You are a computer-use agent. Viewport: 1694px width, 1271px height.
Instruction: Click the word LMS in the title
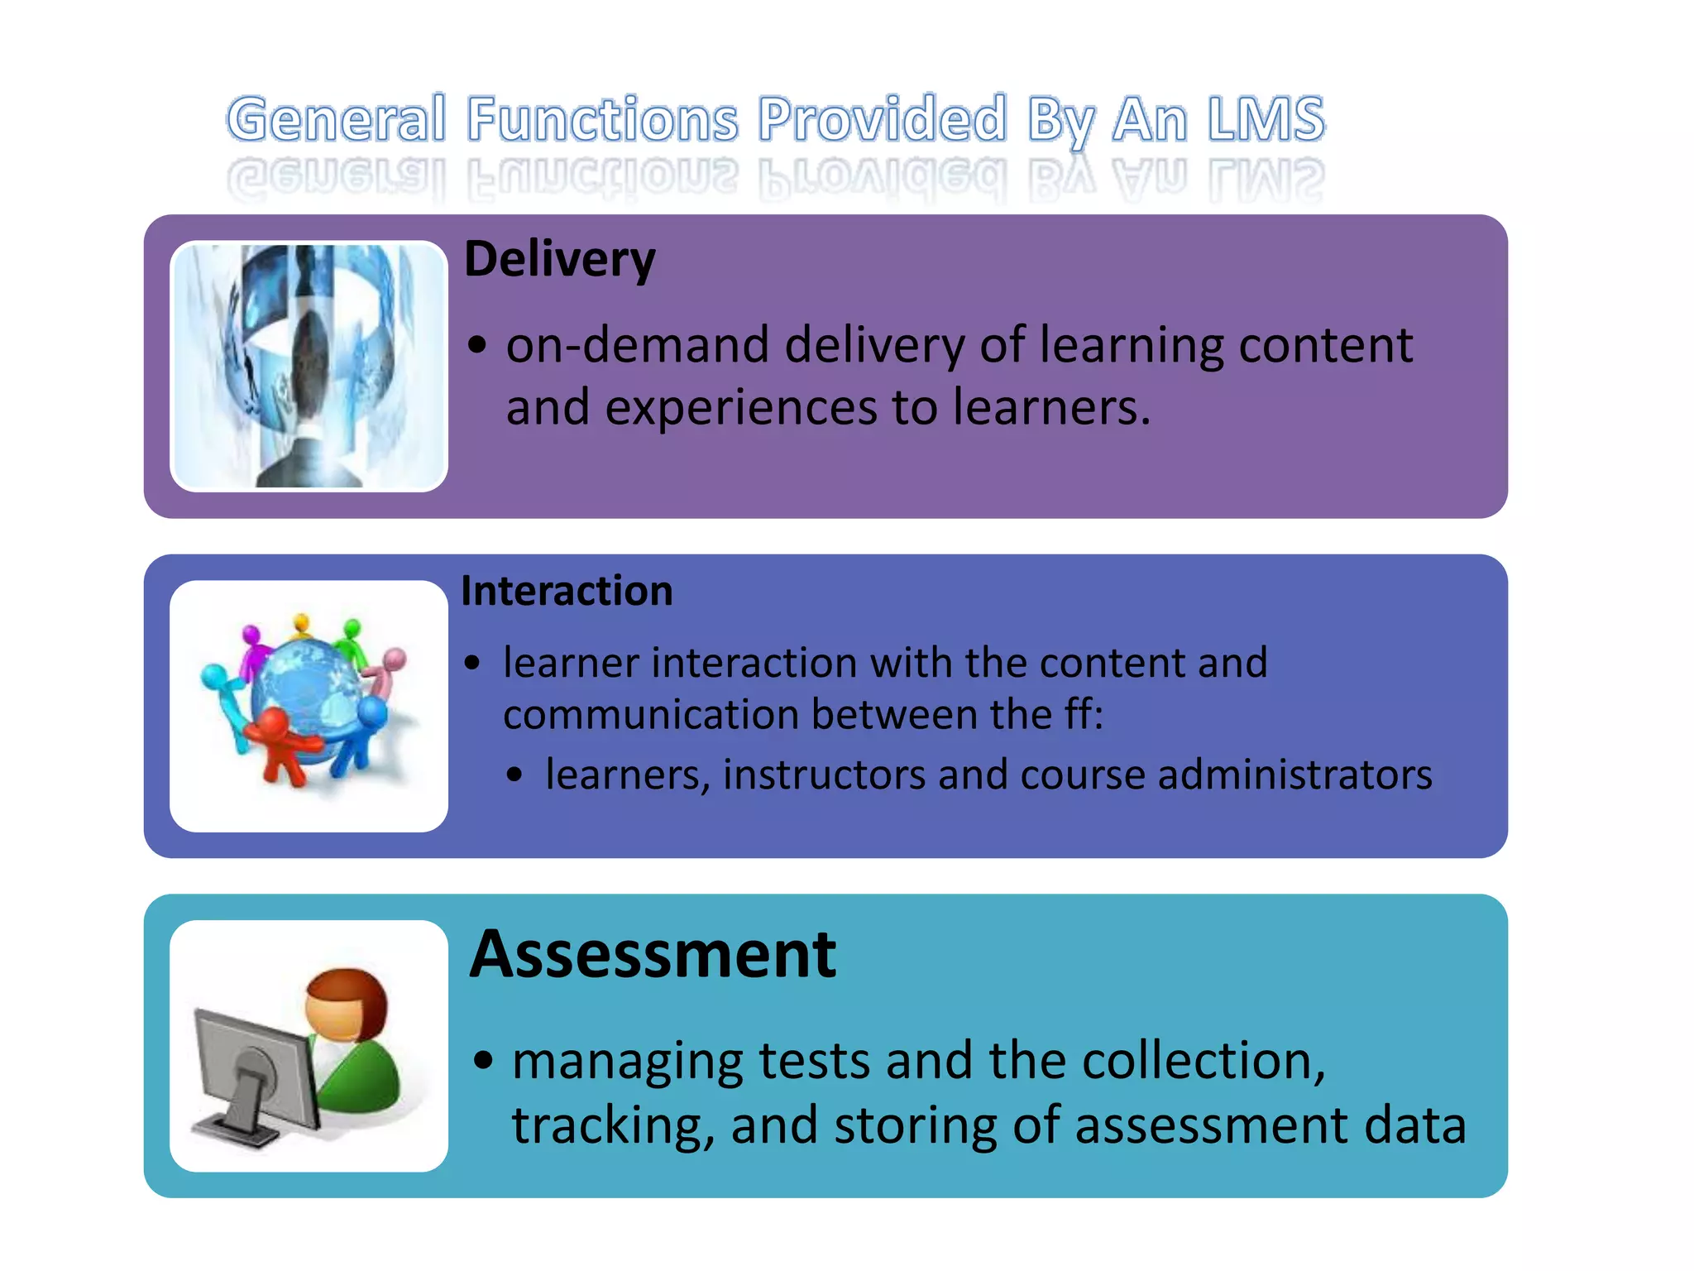(1265, 120)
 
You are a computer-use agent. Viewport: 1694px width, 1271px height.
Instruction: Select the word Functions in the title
(602, 120)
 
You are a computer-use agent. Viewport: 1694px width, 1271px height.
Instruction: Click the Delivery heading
(560, 260)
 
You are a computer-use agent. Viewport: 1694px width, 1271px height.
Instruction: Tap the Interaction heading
(567, 591)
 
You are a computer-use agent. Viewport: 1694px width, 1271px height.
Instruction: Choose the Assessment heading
(653, 955)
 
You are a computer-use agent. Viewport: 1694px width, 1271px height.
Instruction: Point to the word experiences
(740, 407)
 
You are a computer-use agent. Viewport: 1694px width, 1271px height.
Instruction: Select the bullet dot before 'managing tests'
(484, 1060)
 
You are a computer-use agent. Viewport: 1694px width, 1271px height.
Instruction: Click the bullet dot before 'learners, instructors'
(515, 775)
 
